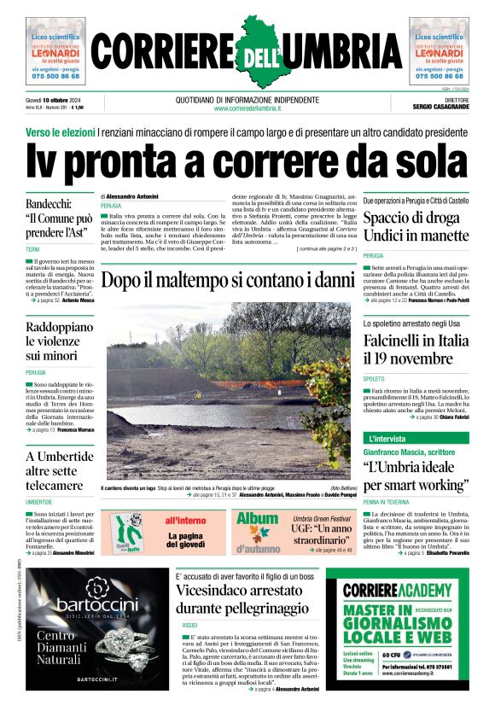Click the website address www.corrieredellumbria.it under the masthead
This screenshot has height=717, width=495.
(x=247, y=108)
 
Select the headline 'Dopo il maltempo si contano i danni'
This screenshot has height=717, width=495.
(x=227, y=279)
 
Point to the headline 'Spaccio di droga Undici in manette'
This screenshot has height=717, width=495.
(x=416, y=226)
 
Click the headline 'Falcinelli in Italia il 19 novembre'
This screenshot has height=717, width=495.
(x=416, y=349)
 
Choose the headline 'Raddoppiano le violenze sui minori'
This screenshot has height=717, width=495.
(x=59, y=341)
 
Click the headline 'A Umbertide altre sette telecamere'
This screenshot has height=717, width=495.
(x=59, y=472)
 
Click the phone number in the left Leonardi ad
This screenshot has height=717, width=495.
(x=55, y=76)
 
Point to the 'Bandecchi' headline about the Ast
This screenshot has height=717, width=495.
(x=59, y=219)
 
